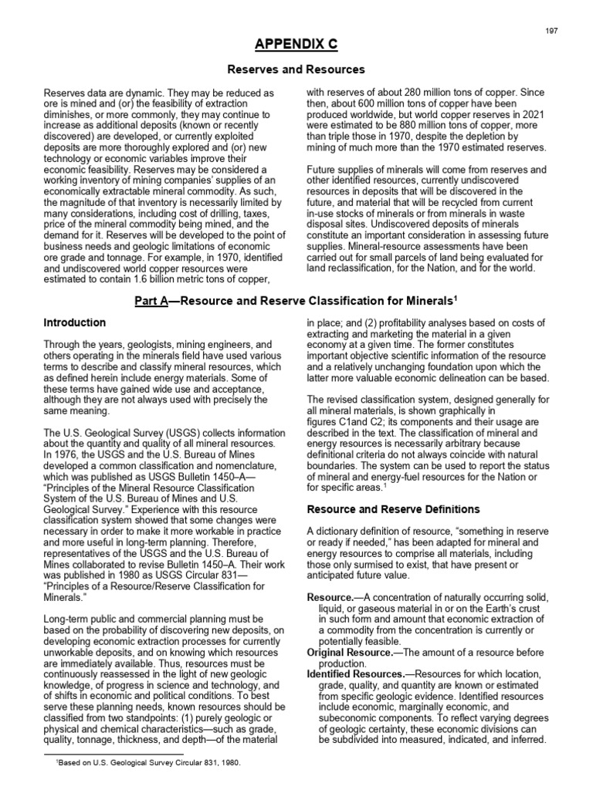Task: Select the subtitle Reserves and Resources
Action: click(296, 69)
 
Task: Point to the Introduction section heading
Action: click(75, 322)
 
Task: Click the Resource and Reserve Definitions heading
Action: click(394, 510)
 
